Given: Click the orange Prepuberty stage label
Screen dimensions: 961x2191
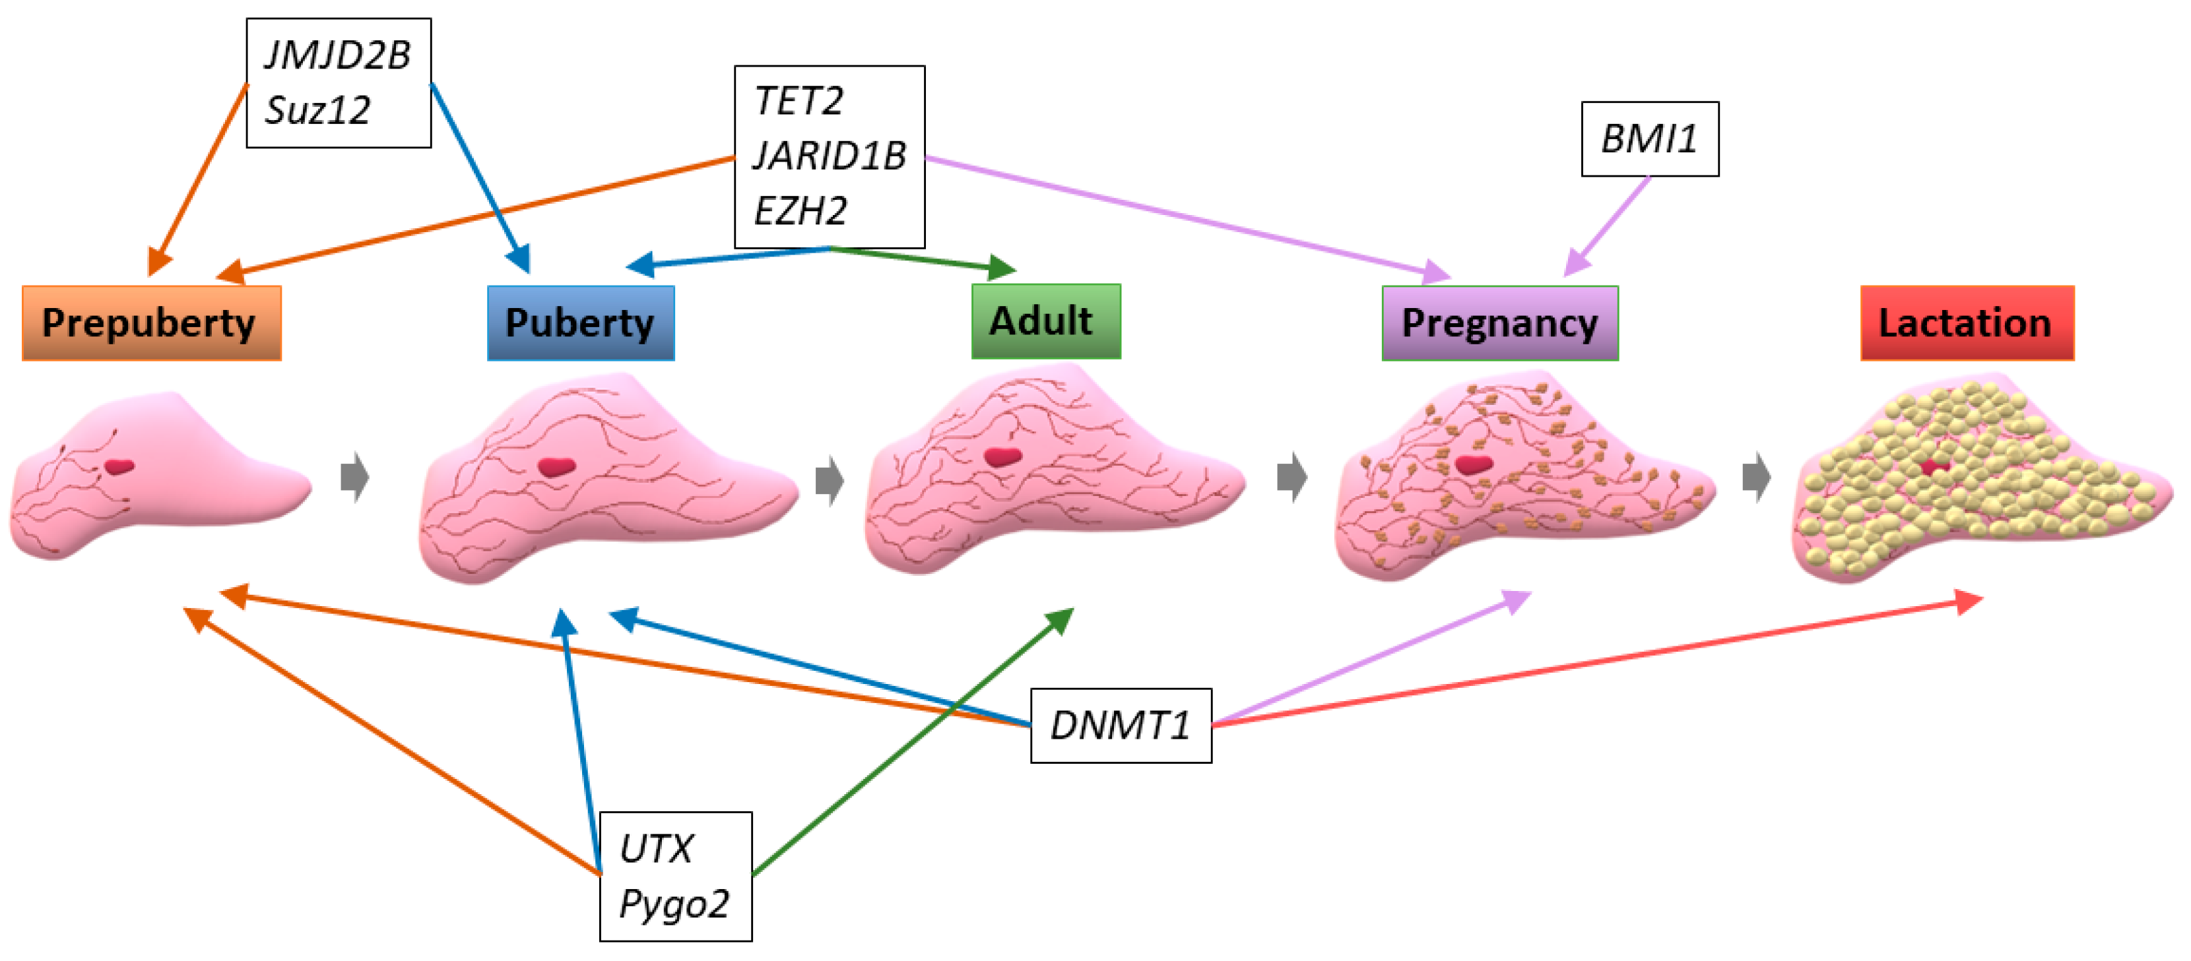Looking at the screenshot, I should [151, 323].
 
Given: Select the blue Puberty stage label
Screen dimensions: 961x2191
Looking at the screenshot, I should [580, 323].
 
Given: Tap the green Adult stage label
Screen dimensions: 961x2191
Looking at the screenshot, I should [1045, 321].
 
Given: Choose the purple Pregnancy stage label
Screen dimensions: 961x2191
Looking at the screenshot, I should [1499, 323].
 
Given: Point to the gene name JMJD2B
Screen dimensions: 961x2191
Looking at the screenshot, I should [338, 56].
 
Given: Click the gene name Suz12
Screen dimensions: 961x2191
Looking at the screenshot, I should [318, 111].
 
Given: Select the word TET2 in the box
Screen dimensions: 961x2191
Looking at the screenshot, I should [799, 101].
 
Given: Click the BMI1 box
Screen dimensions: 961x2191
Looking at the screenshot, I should [1649, 139].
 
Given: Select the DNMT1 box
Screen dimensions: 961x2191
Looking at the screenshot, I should [1120, 726].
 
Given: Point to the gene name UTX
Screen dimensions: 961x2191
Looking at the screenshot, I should [656, 849].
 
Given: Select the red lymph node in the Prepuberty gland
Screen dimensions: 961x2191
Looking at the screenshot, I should [120, 466].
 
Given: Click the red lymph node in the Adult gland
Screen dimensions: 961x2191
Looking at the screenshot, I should [1002, 456].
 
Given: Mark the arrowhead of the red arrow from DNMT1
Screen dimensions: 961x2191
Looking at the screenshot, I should [1969, 602].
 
